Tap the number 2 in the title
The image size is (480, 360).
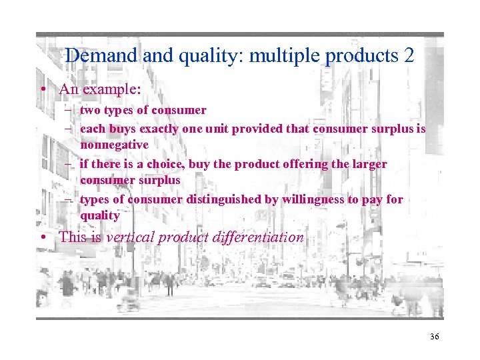point(409,56)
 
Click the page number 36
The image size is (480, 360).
point(435,337)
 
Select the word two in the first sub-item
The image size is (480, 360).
point(89,110)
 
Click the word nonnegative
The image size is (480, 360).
point(114,145)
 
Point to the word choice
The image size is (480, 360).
point(164,164)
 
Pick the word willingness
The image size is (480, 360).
point(300,199)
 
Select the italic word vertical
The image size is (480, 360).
point(130,237)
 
